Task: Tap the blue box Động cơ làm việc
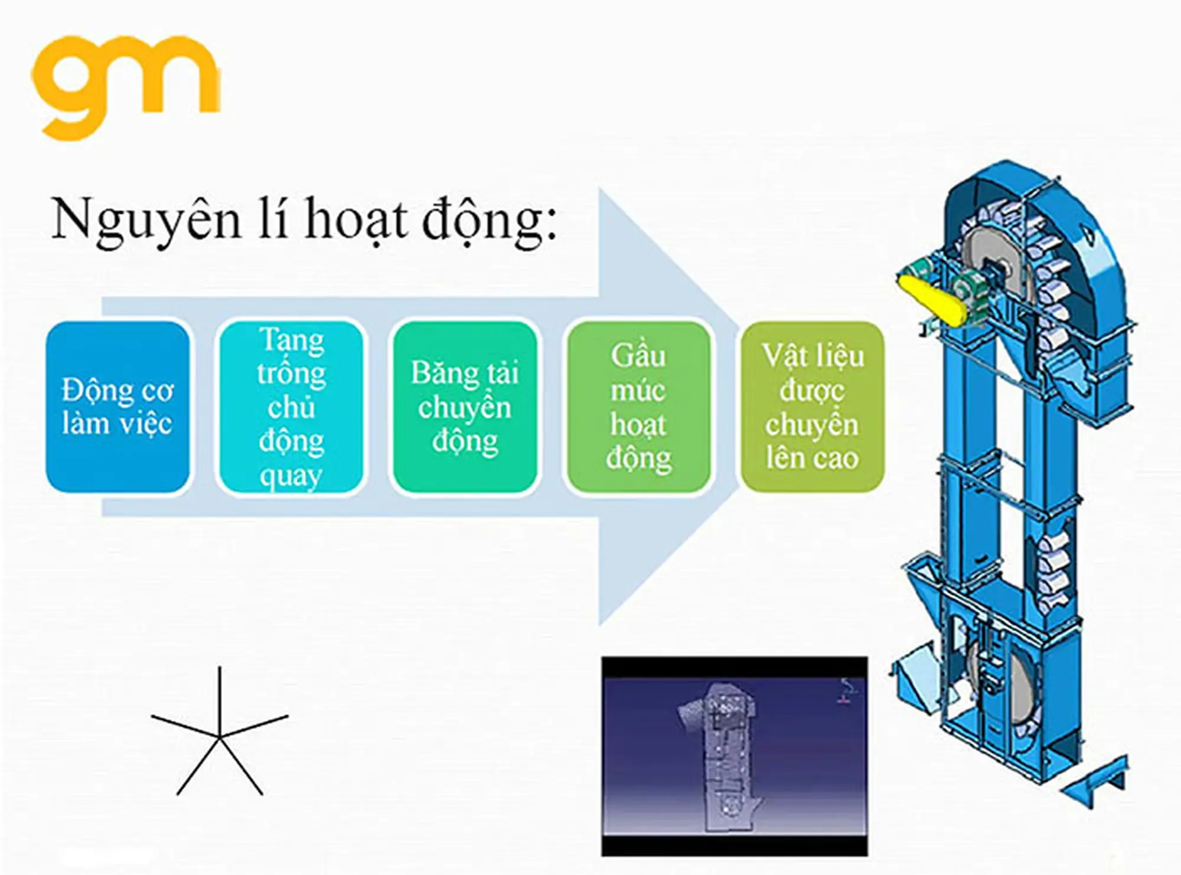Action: pyautogui.click(x=118, y=407)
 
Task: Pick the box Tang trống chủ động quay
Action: pyautogui.click(x=291, y=407)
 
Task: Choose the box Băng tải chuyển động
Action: pyautogui.click(x=465, y=407)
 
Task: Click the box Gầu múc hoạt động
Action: pyautogui.click(x=638, y=407)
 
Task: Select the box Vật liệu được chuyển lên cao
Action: pyautogui.click(x=813, y=407)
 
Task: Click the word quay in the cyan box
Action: pyautogui.click(x=291, y=476)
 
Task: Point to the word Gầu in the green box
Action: pyautogui.click(x=638, y=356)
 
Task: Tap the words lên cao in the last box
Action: pyautogui.click(x=813, y=458)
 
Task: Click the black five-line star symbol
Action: pyautogui.click(x=219, y=735)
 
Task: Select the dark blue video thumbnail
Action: pyautogui.click(x=735, y=755)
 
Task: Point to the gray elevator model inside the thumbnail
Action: pyautogui.click(x=723, y=755)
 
